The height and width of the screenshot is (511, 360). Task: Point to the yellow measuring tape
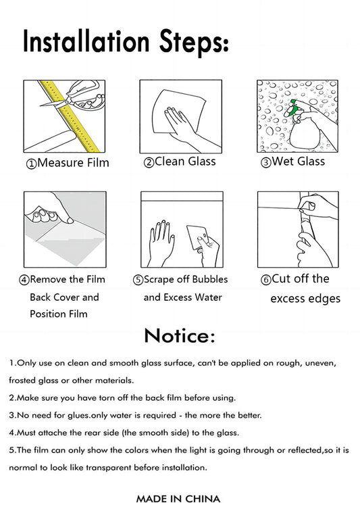pos(70,116)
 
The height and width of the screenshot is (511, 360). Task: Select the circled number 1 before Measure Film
pos(32,164)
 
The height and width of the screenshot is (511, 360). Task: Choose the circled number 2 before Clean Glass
pos(149,162)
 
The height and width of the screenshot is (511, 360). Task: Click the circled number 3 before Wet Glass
pos(266,162)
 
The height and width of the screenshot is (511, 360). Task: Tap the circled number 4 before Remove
pos(24,280)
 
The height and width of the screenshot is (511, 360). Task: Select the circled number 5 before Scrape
pos(138,280)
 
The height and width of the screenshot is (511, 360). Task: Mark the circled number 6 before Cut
pos(266,280)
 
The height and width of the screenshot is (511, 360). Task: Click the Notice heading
pos(180,336)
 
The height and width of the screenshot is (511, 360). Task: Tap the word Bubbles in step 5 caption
pos(210,279)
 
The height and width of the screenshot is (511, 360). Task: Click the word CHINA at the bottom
pos(203,499)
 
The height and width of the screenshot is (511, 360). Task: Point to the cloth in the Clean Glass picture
pos(180,112)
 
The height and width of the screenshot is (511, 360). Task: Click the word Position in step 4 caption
pos(46,314)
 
